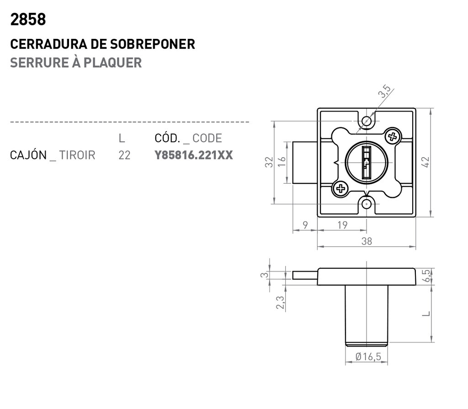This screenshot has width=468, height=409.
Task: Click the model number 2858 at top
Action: pos(28,20)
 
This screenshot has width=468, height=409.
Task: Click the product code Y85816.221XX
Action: pos(194,155)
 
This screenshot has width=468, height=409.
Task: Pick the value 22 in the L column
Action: pos(124,155)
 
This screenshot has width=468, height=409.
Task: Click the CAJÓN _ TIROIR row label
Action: pos(53,155)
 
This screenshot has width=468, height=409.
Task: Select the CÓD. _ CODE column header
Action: pos(188,138)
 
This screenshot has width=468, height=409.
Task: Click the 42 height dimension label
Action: pos(425,162)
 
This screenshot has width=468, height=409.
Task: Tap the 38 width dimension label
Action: pos(367,242)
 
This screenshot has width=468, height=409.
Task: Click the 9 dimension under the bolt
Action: pos(305,225)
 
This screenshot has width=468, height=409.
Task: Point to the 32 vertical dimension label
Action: pos(269,162)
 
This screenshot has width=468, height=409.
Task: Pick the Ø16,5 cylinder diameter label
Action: pos(368,357)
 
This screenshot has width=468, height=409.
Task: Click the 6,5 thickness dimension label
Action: pos(426,276)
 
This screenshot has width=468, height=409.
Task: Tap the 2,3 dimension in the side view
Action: pos(280,303)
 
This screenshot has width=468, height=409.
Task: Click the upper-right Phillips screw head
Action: pos(392,136)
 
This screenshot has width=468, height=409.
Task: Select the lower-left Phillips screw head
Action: pos(340,188)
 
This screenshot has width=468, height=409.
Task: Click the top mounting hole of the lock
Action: pos(367,121)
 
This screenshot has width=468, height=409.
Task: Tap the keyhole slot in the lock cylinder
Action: pos(367,162)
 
